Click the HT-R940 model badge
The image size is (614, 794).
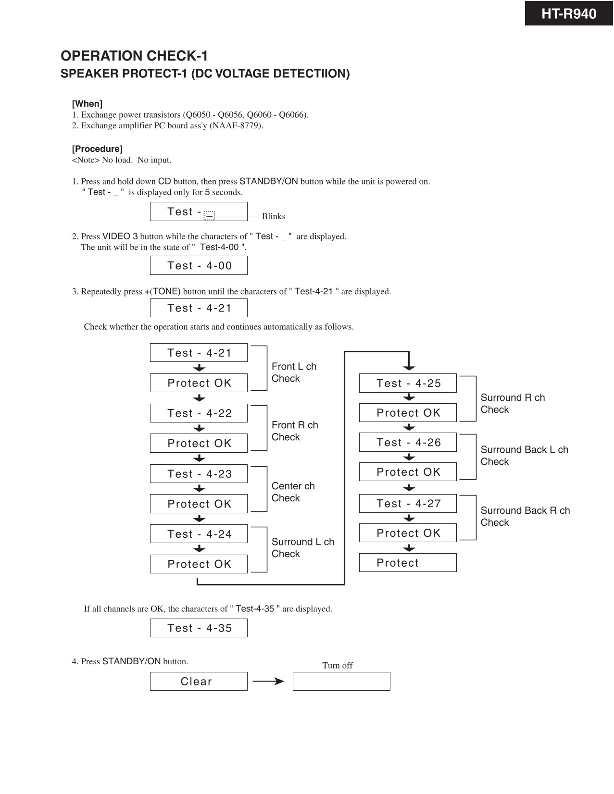[568, 13]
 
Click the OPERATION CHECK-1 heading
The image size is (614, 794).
[134, 56]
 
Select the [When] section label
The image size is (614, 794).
[87, 104]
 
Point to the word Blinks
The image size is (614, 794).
[274, 216]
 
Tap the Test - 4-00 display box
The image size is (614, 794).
[199, 265]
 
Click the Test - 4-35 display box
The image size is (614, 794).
[199, 628]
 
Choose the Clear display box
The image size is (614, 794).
[199, 681]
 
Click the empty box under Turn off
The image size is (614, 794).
[341, 681]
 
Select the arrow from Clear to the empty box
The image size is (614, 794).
[268, 681]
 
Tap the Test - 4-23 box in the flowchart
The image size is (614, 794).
[199, 473]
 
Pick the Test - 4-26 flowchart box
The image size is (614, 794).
[408, 442]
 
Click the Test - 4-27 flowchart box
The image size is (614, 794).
[408, 503]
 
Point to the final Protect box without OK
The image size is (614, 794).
[408, 562]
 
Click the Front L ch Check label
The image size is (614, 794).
[294, 372]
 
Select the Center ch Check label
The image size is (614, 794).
[293, 492]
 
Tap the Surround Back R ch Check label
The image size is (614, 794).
[525, 516]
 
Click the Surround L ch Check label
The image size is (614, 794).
[302, 547]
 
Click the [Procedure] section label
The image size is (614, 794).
[97, 149]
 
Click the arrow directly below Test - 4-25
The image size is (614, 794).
[409, 397]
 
